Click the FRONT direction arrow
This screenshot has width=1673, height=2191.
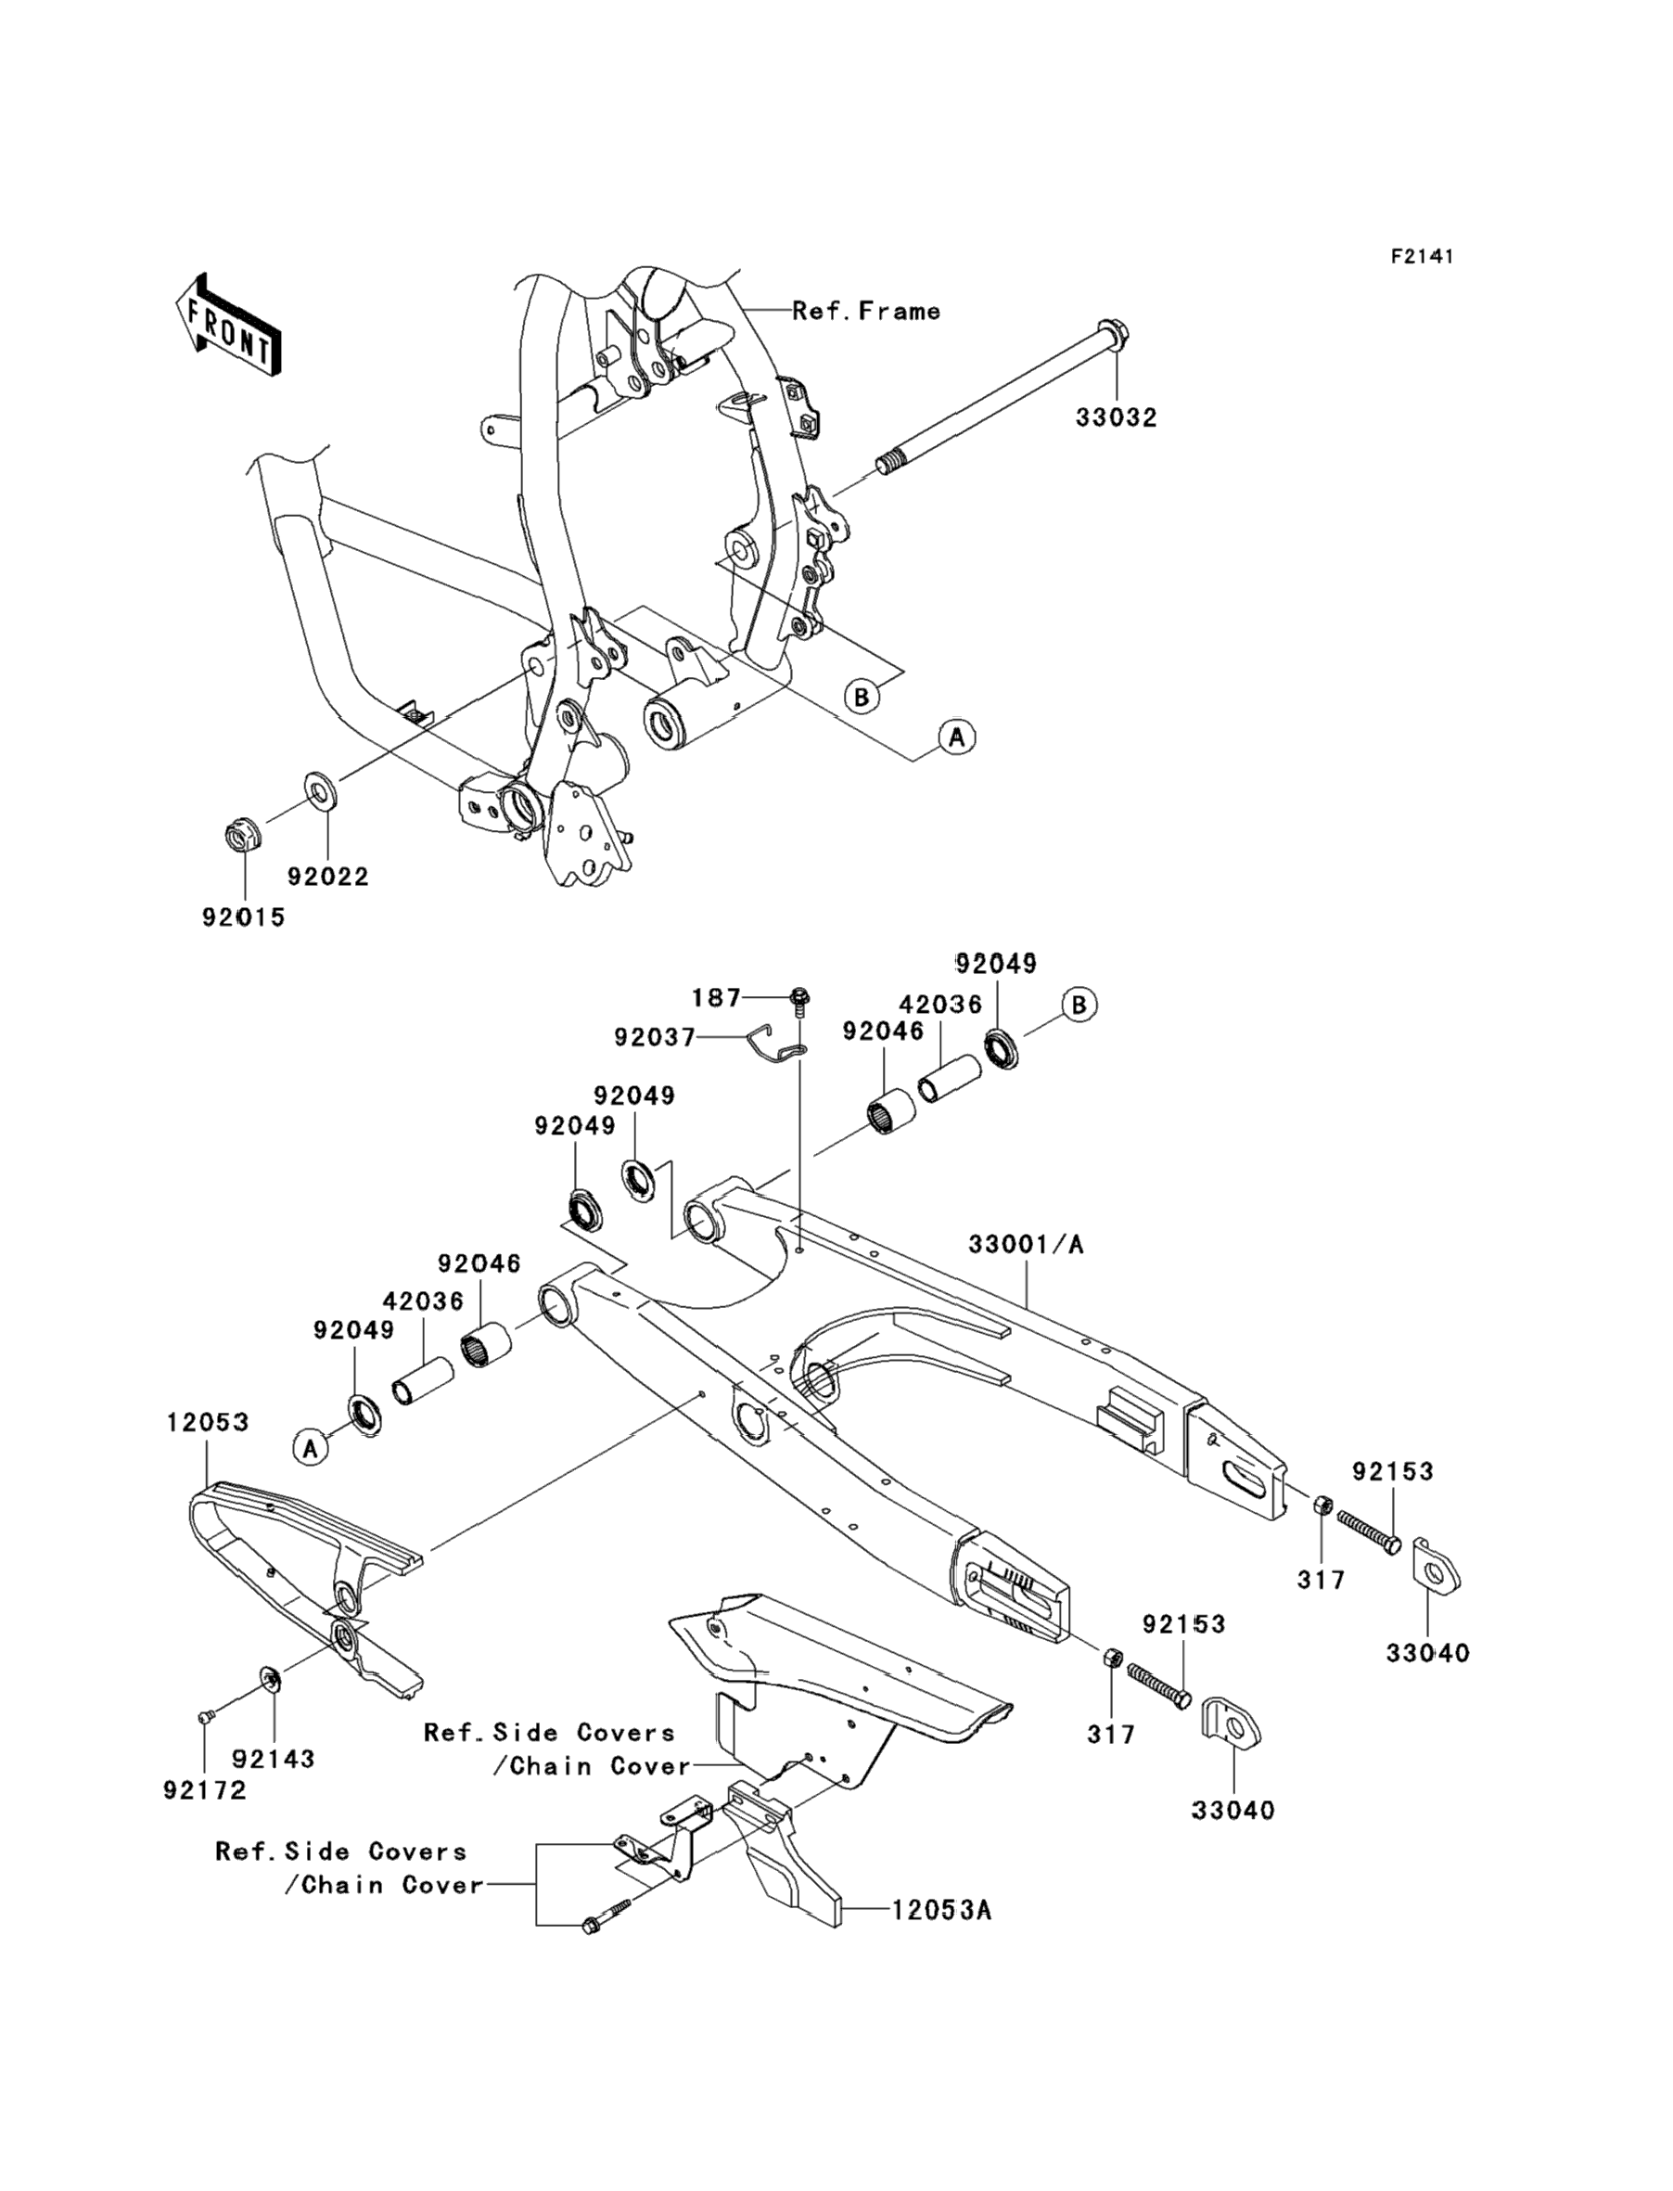(x=227, y=326)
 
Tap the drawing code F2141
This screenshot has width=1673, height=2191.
(x=1422, y=257)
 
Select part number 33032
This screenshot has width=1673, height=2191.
(x=1116, y=418)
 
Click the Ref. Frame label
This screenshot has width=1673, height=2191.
(x=865, y=312)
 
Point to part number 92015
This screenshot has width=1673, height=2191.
(x=243, y=917)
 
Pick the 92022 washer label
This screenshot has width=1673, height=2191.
(x=327, y=877)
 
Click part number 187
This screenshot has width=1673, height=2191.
(x=716, y=997)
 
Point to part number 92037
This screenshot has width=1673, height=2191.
(x=654, y=1038)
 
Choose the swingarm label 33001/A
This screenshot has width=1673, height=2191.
(x=1026, y=1244)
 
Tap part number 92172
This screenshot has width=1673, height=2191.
(x=204, y=1789)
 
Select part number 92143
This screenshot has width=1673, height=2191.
(x=274, y=1759)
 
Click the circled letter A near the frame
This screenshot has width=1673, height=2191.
(x=956, y=738)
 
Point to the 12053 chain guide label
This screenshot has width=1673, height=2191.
(x=207, y=1422)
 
